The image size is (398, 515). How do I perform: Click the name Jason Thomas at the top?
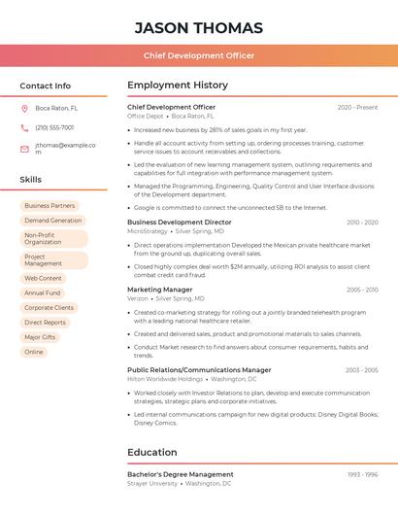198,27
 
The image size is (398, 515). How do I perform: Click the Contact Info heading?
45,86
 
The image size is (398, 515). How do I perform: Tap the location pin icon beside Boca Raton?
24,108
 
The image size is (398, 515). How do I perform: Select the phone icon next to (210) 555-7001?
24,127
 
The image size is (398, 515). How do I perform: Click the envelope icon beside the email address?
24,149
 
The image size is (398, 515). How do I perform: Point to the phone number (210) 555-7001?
54,127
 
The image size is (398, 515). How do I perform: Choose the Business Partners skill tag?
50,206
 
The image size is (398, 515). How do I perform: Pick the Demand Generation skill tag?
52,221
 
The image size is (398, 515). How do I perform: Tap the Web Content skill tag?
43,278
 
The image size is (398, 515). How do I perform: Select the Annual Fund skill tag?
42,292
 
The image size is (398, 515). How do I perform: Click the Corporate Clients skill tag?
49,307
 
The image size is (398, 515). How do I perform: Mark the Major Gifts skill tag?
40,337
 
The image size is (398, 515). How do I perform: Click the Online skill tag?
34,352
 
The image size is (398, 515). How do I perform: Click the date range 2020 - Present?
357,107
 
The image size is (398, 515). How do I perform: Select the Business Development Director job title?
180,222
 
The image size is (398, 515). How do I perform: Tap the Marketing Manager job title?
159,290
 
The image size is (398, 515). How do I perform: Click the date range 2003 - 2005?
361,370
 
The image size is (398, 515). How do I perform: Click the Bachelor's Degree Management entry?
181,474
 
